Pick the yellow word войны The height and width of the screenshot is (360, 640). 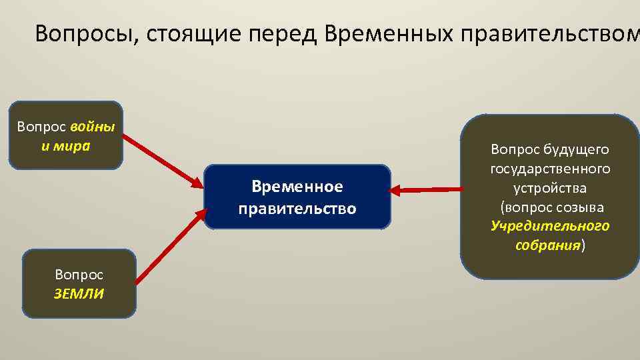(x=92, y=127)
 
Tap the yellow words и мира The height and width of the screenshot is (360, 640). (x=65, y=145)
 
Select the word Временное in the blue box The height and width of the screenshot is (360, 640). (x=297, y=185)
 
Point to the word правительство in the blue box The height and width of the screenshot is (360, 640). (x=297, y=209)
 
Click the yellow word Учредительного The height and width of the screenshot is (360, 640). (x=550, y=225)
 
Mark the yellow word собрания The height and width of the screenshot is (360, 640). (x=548, y=245)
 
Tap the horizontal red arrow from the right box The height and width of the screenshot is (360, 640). (x=427, y=191)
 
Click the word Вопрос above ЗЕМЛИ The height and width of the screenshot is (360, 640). (x=79, y=275)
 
